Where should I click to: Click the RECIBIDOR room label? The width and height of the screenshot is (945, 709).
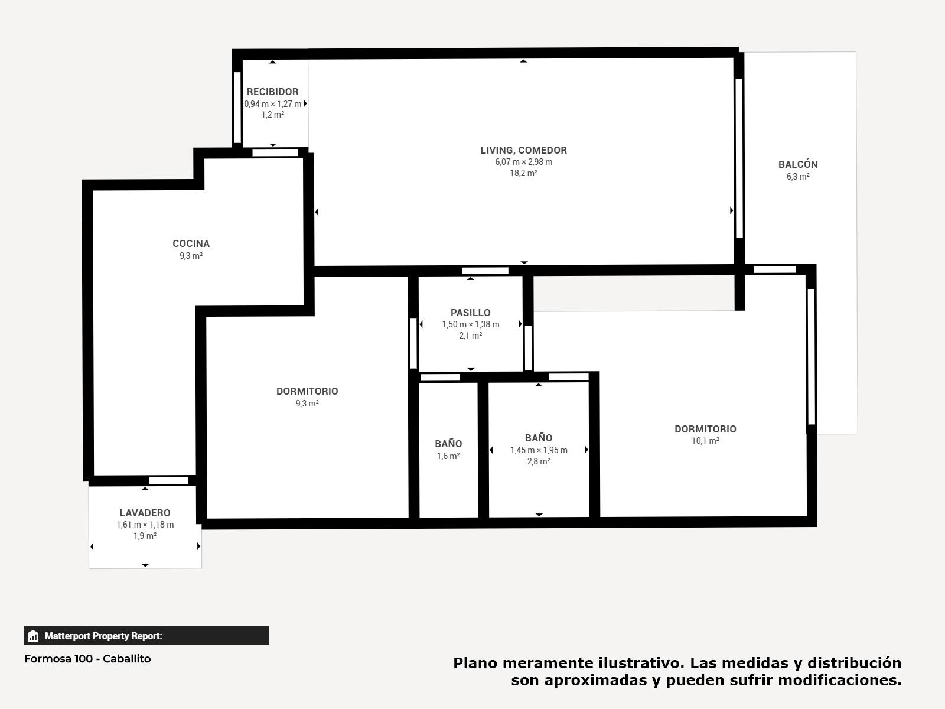(272, 92)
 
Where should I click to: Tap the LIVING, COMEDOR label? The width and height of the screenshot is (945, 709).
(523, 150)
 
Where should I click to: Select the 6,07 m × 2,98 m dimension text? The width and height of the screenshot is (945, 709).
(523, 162)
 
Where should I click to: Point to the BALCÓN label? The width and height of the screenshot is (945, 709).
(798, 164)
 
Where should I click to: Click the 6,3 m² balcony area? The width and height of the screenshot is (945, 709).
(798, 177)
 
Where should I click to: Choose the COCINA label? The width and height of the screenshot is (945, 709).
(191, 243)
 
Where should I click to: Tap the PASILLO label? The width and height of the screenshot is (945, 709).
(471, 313)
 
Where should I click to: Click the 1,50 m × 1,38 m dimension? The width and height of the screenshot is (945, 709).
(471, 324)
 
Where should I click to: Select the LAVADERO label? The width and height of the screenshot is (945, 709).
(145, 513)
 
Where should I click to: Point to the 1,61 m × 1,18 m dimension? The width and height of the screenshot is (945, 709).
(145, 525)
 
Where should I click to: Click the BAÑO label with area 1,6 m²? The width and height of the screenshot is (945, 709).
(448, 444)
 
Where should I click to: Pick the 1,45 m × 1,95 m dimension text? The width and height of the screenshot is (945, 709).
(539, 450)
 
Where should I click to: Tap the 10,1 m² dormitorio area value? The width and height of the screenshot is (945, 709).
(705, 441)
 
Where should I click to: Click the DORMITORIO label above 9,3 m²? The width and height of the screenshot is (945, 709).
(307, 391)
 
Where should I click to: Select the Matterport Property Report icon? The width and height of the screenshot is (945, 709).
(33, 636)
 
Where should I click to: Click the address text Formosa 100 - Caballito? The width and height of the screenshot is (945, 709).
(87, 659)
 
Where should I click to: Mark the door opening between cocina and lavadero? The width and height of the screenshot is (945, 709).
(169, 480)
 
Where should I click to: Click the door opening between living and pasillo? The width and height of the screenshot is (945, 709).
(485, 271)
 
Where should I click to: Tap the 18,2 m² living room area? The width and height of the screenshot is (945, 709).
(523, 173)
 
